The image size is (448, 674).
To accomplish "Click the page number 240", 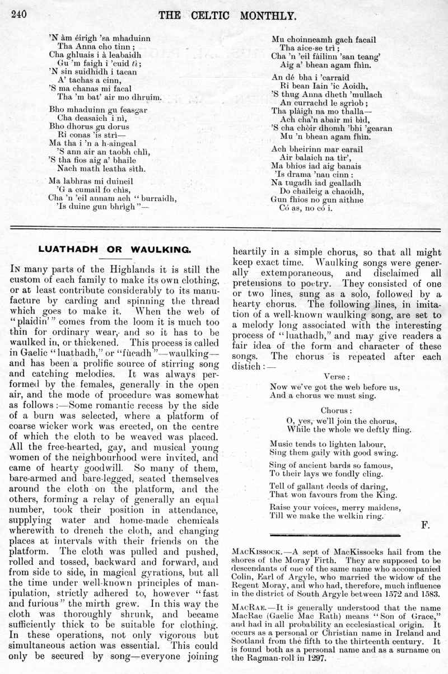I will [x=19, y=14].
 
